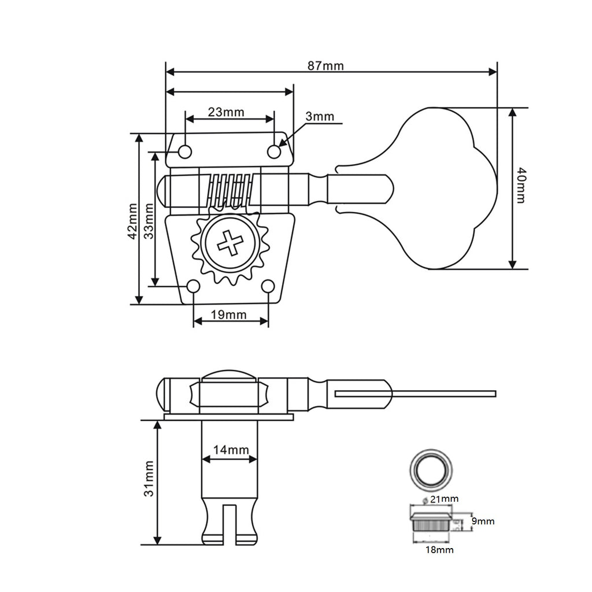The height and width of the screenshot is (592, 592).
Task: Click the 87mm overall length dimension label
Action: [x=325, y=66]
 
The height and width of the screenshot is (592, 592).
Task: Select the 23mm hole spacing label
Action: [x=226, y=112]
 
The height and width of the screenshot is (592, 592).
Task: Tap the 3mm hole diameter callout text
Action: [x=320, y=116]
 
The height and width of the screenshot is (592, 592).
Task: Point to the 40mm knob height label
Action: [x=521, y=185]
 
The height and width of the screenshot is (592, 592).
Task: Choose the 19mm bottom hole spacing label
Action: [x=228, y=314]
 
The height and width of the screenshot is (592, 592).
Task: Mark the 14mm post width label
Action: [x=231, y=450]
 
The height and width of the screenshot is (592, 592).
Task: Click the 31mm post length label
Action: [x=149, y=478]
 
